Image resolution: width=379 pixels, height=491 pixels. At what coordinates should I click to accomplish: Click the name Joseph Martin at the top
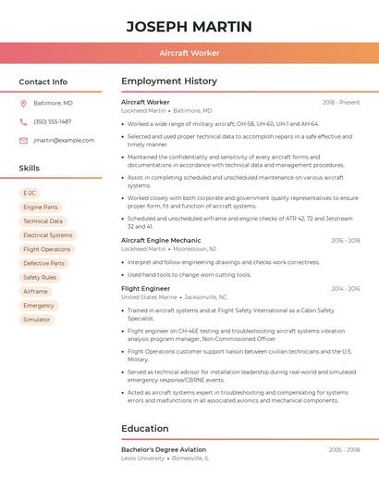(x=189, y=26)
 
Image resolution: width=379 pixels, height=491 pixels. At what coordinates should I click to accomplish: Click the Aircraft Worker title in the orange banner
(x=189, y=53)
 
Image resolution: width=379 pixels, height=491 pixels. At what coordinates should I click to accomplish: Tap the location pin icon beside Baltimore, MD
(x=23, y=103)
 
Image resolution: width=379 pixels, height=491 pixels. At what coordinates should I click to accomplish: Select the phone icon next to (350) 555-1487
(x=23, y=121)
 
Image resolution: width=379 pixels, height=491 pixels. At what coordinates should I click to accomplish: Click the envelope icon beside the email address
(x=23, y=140)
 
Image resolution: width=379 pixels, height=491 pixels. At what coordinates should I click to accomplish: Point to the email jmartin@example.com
(x=64, y=140)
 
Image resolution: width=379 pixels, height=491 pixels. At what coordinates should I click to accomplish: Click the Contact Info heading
(x=43, y=82)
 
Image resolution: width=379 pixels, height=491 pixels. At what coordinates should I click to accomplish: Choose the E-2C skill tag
(x=30, y=194)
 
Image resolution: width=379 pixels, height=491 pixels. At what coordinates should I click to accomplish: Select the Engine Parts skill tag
(x=41, y=208)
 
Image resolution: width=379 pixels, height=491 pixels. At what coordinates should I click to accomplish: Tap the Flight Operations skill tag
(x=46, y=249)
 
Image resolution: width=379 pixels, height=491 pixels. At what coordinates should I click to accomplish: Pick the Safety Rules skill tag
(x=40, y=277)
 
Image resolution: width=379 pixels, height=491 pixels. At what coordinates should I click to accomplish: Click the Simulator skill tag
(x=37, y=320)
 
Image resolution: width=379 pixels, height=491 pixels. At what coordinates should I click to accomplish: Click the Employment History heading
(x=169, y=82)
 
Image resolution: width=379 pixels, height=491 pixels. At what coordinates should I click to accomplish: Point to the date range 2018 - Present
(x=341, y=102)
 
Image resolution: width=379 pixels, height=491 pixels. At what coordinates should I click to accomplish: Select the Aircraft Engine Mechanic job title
(x=161, y=240)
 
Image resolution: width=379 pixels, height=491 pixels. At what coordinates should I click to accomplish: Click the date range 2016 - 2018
(x=346, y=240)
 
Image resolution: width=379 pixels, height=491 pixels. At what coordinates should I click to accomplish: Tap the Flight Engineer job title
(x=145, y=288)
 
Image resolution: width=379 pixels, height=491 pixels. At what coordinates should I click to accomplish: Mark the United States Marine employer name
(x=149, y=297)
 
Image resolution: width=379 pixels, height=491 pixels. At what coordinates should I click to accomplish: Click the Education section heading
(x=145, y=428)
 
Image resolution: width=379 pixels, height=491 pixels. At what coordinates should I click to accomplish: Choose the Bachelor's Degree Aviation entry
(x=164, y=449)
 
